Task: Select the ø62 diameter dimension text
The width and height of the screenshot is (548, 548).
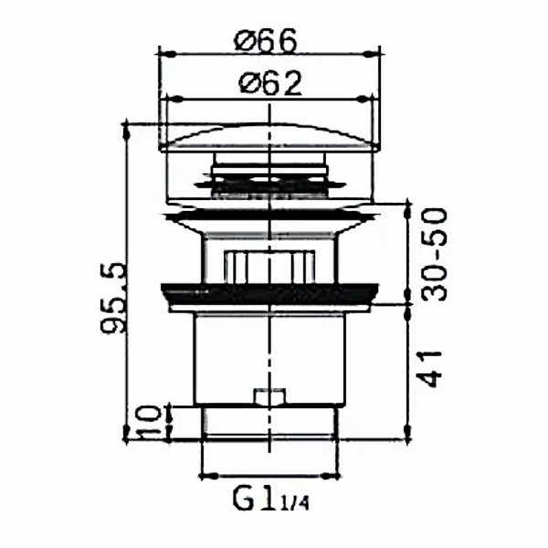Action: coord(270,83)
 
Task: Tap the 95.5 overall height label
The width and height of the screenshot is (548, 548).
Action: coord(112,298)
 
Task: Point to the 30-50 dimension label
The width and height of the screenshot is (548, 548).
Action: coord(434,254)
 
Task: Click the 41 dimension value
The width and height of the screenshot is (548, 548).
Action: coord(429,369)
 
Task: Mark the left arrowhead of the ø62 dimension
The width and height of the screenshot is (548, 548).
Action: coord(174,99)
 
